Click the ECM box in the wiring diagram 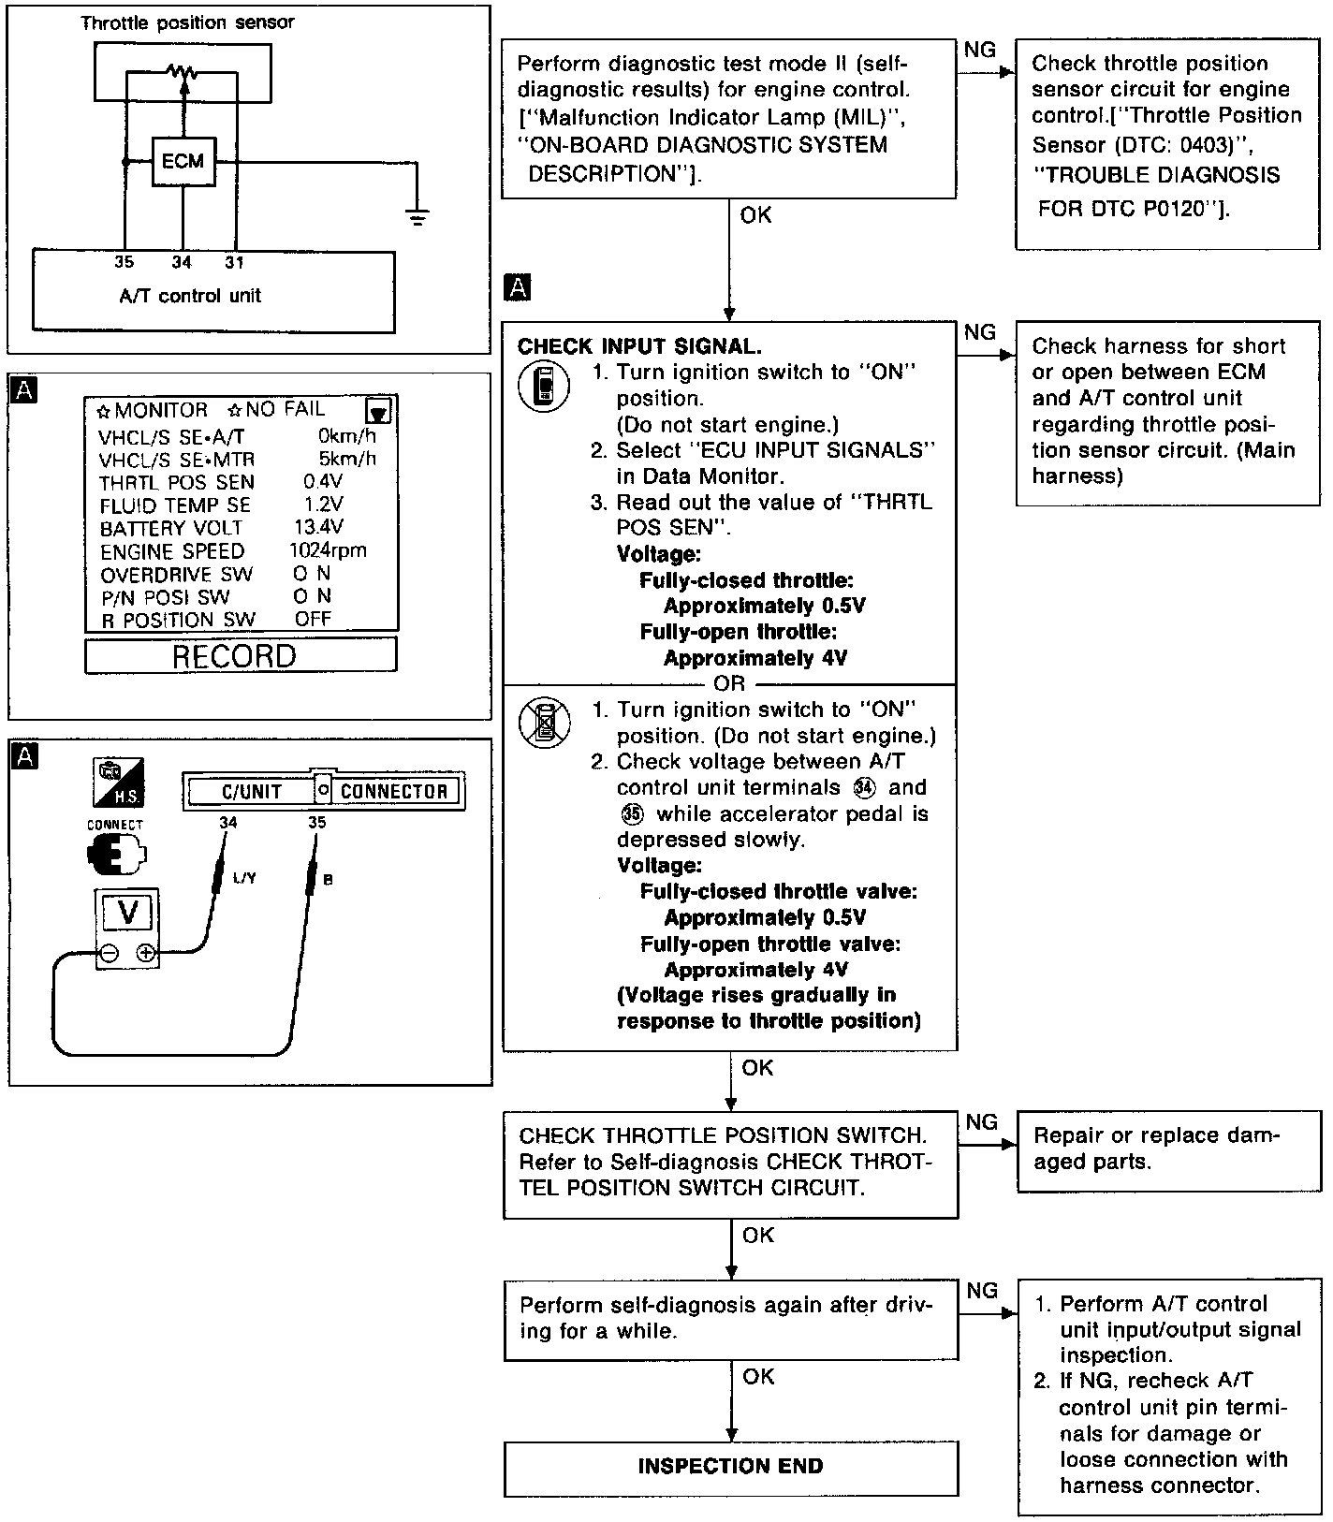pos(183,161)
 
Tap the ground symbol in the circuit pos(418,217)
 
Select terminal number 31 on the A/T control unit pos(234,263)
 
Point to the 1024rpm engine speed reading pos(328,550)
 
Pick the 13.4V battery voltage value pos(318,527)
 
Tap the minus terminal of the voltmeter pos(109,954)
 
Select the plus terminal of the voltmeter pos(145,954)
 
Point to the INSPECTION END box pos(730,1467)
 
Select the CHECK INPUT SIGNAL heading pos(639,346)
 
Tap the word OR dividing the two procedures pos(729,683)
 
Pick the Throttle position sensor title pos(187,22)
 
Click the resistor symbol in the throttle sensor pos(183,70)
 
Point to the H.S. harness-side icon pos(118,783)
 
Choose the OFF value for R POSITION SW pos(313,619)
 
